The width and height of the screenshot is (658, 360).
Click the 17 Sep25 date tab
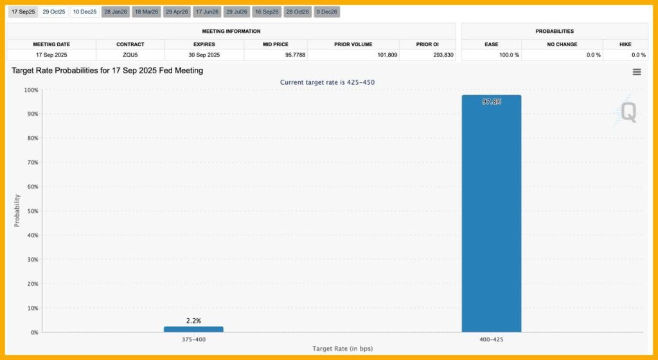[x=23, y=12]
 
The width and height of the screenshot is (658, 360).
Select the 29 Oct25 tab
[x=54, y=12]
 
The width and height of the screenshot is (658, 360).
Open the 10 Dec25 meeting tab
[x=85, y=12]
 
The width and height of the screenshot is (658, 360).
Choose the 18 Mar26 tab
[x=146, y=12]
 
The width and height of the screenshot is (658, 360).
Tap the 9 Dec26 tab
[x=327, y=12]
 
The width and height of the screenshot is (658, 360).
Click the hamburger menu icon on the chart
[x=637, y=72]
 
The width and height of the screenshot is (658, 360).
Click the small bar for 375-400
[x=193, y=329]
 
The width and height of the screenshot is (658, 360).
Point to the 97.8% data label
[x=492, y=102]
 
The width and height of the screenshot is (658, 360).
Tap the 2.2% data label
[x=193, y=320]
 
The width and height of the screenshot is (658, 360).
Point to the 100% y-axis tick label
[x=30, y=90]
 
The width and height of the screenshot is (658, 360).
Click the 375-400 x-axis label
[x=193, y=339]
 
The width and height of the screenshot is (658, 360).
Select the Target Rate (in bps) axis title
[x=342, y=348]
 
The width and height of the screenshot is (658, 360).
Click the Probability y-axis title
[x=17, y=211]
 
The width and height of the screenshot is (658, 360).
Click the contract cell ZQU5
[x=130, y=55]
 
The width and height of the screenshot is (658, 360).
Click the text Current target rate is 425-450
[x=328, y=82]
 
